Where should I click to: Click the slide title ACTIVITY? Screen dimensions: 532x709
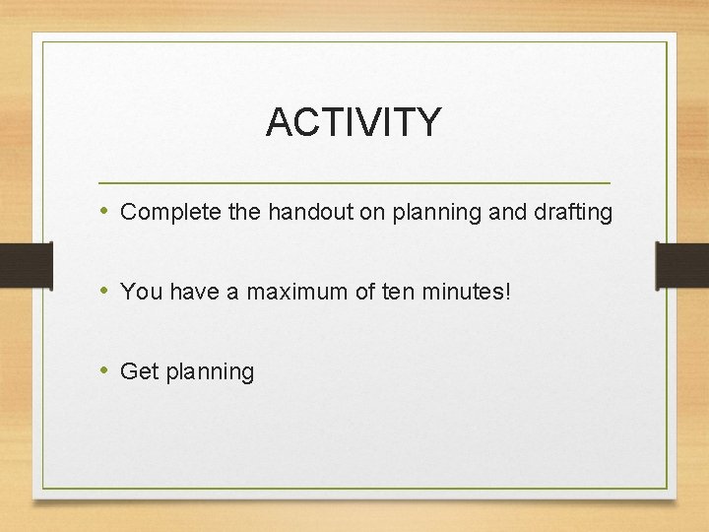pyautogui.click(x=354, y=122)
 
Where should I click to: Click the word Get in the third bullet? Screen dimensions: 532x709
pyautogui.click(x=139, y=371)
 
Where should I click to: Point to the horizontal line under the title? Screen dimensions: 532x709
pyautogui.click(x=354, y=183)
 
